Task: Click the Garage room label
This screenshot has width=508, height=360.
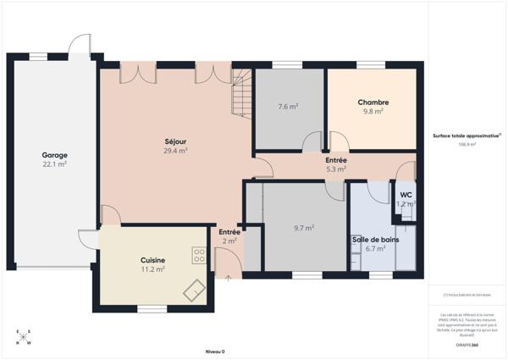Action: (x=55, y=155)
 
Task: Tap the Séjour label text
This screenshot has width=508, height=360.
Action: (x=175, y=141)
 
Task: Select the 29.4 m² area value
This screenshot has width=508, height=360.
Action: (x=175, y=150)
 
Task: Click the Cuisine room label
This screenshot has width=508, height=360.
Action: (x=153, y=260)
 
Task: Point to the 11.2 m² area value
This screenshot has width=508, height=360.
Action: (x=153, y=269)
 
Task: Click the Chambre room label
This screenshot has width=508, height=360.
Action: (x=373, y=102)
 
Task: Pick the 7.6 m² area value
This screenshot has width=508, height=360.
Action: (x=288, y=107)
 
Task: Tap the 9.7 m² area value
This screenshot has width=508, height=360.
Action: (x=304, y=228)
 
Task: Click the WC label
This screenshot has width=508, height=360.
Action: (x=406, y=195)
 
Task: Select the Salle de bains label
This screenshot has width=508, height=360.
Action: (x=375, y=240)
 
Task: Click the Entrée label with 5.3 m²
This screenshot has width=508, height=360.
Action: (x=336, y=160)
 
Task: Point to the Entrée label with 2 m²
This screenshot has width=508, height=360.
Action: (x=229, y=232)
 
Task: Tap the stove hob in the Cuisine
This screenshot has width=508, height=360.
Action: (x=199, y=253)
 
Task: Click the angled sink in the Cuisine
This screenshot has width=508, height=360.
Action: (x=196, y=289)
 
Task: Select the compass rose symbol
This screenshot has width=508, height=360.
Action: (x=23, y=337)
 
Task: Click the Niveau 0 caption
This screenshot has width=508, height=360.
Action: (x=215, y=351)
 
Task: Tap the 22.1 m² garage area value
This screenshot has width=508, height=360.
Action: (x=55, y=164)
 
